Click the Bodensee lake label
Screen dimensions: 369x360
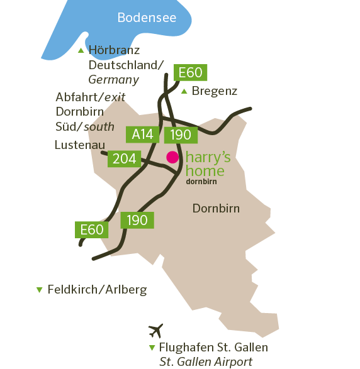(147, 18)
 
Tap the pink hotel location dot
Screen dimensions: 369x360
(172, 157)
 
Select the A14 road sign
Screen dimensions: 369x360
(143, 133)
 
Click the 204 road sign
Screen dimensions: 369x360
(124, 158)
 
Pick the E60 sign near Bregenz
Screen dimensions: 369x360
(190, 72)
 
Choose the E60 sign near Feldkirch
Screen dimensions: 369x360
(91, 229)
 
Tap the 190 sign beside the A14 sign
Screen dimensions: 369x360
(181, 135)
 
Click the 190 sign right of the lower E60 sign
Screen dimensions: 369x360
(137, 220)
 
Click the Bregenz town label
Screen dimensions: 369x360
(215, 91)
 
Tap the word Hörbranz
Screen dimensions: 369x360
(114, 50)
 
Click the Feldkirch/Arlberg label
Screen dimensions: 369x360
(98, 290)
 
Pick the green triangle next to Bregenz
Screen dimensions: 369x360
(184, 92)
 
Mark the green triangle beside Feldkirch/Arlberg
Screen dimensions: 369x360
(40, 290)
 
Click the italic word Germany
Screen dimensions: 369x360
(113, 80)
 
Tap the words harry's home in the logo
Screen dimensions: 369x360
(209, 163)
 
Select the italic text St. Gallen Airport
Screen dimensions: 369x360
(206, 361)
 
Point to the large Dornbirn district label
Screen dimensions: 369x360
(216, 209)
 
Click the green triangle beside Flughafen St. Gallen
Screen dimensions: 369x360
(152, 348)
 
